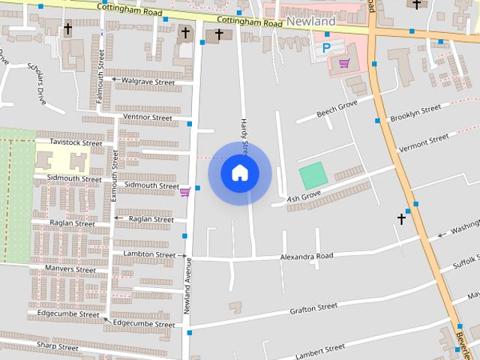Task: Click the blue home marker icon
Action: pyautogui.click(x=240, y=173)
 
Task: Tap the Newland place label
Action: pyautogui.click(x=310, y=22)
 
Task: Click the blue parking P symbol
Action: pyautogui.click(x=325, y=47)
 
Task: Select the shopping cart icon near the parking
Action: pyautogui.click(x=343, y=63)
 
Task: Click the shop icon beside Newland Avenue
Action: pyautogui.click(x=184, y=193)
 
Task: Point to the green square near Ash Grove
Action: pyautogui.click(x=313, y=175)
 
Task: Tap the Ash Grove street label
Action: pyautogui.click(x=304, y=195)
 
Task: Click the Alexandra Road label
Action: pyautogui.click(x=306, y=256)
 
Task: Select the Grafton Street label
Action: pyautogui.click(x=313, y=307)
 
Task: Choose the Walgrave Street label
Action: pyautogui.click(x=148, y=81)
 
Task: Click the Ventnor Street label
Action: pyautogui.click(x=147, y=118)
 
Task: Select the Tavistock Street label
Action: pyautogui.click(x=75, y=142)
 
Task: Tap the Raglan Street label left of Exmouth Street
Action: pyautogui.click(x=72, y=223)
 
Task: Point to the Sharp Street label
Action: pyautogui.click(x=57, y=347)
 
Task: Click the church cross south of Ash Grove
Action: pyautogui.click(x=401, y=219)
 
